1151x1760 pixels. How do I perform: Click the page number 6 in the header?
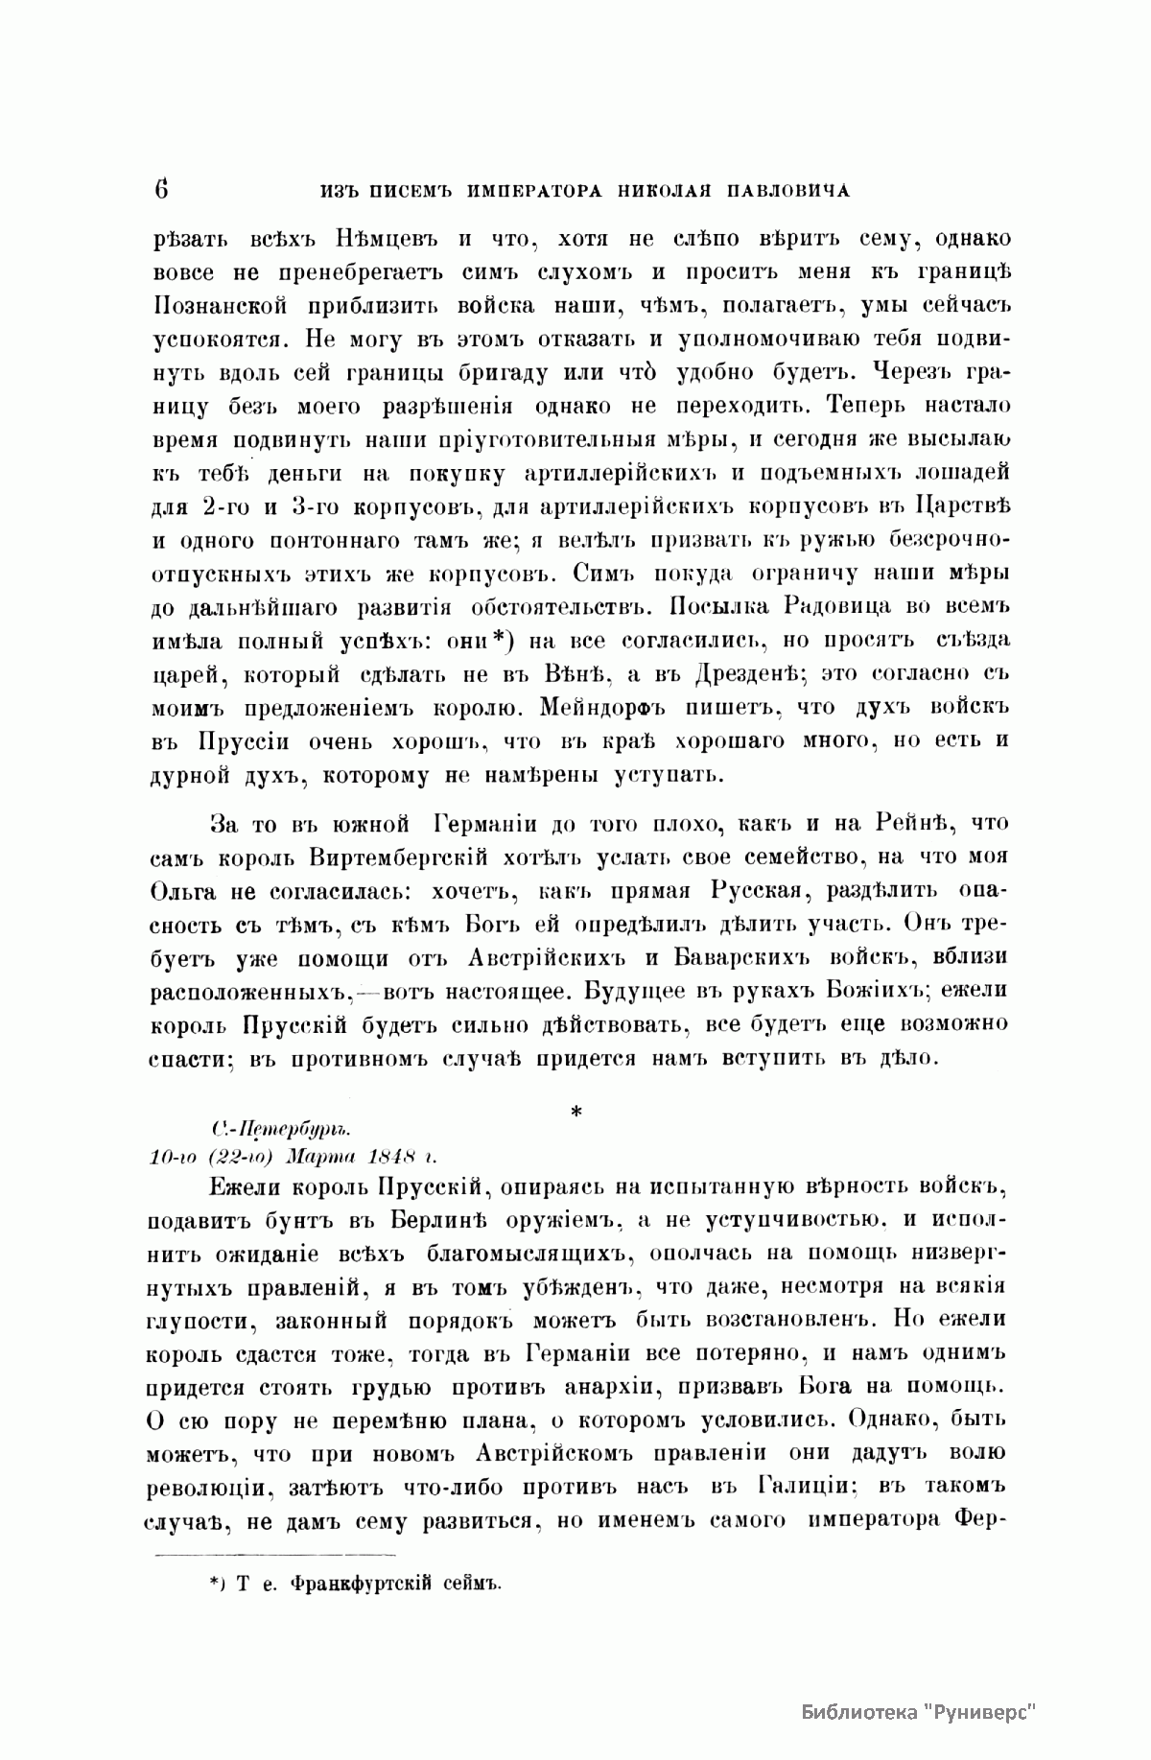tap(160, 189)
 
